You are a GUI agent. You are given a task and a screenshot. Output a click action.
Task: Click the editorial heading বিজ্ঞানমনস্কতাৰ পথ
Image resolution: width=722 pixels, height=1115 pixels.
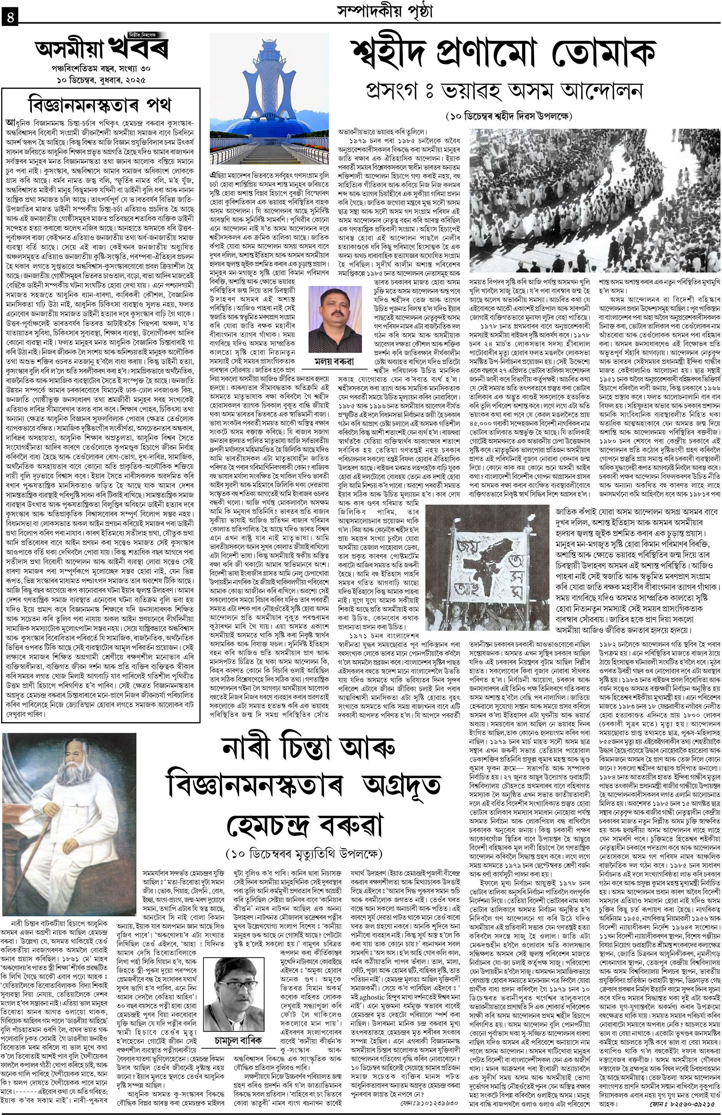point(100,103)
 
